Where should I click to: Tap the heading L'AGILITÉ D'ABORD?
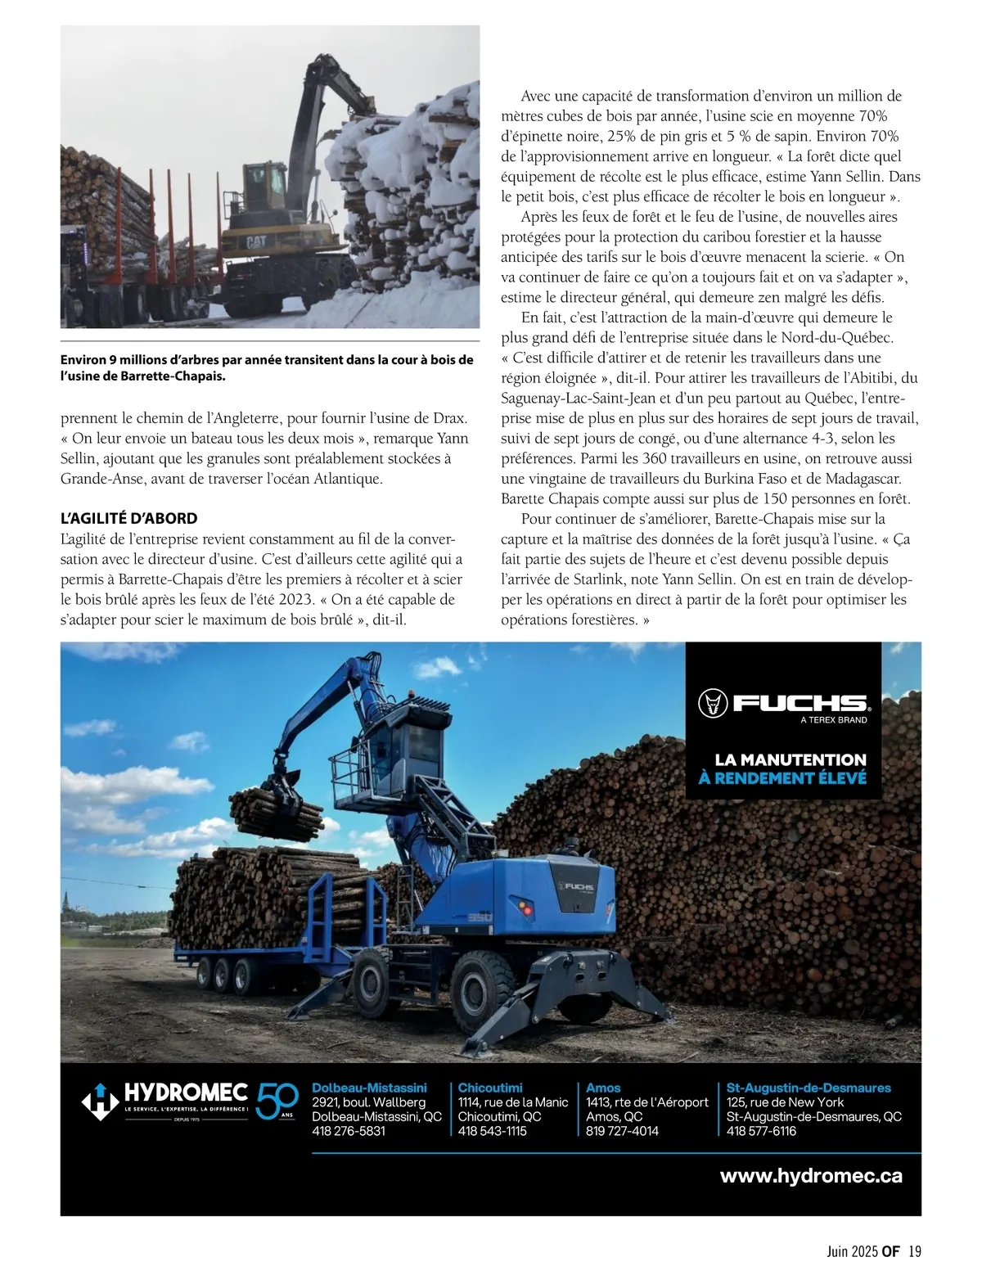[129, 519]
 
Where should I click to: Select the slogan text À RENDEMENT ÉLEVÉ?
[782, 777]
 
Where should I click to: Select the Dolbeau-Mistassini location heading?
[369, 1088]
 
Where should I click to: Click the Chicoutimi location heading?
[490, 1088]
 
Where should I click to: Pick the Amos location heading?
[603, 1088]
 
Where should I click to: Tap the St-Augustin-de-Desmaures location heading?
[809, 1088]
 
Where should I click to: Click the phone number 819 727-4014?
[622, 1131]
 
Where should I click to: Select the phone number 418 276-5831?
[349, 1131]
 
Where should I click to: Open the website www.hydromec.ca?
[811, 1176]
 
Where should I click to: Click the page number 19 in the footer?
[915, 1251]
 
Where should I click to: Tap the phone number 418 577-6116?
[761, 1131]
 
